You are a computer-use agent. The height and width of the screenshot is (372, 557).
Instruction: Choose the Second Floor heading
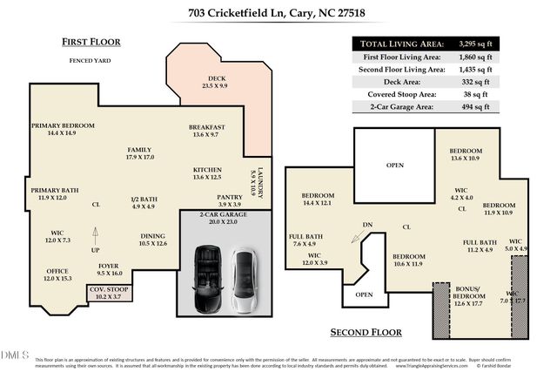tap(366, 332)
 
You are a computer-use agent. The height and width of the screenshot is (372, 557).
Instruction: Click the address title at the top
tap(278, 14)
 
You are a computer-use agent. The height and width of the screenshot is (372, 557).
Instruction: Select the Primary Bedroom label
tap(63, 129)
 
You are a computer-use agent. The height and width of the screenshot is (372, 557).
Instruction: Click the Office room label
tap(57, 274)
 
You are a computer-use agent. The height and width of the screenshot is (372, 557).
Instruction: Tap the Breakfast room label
tap(207, 131)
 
